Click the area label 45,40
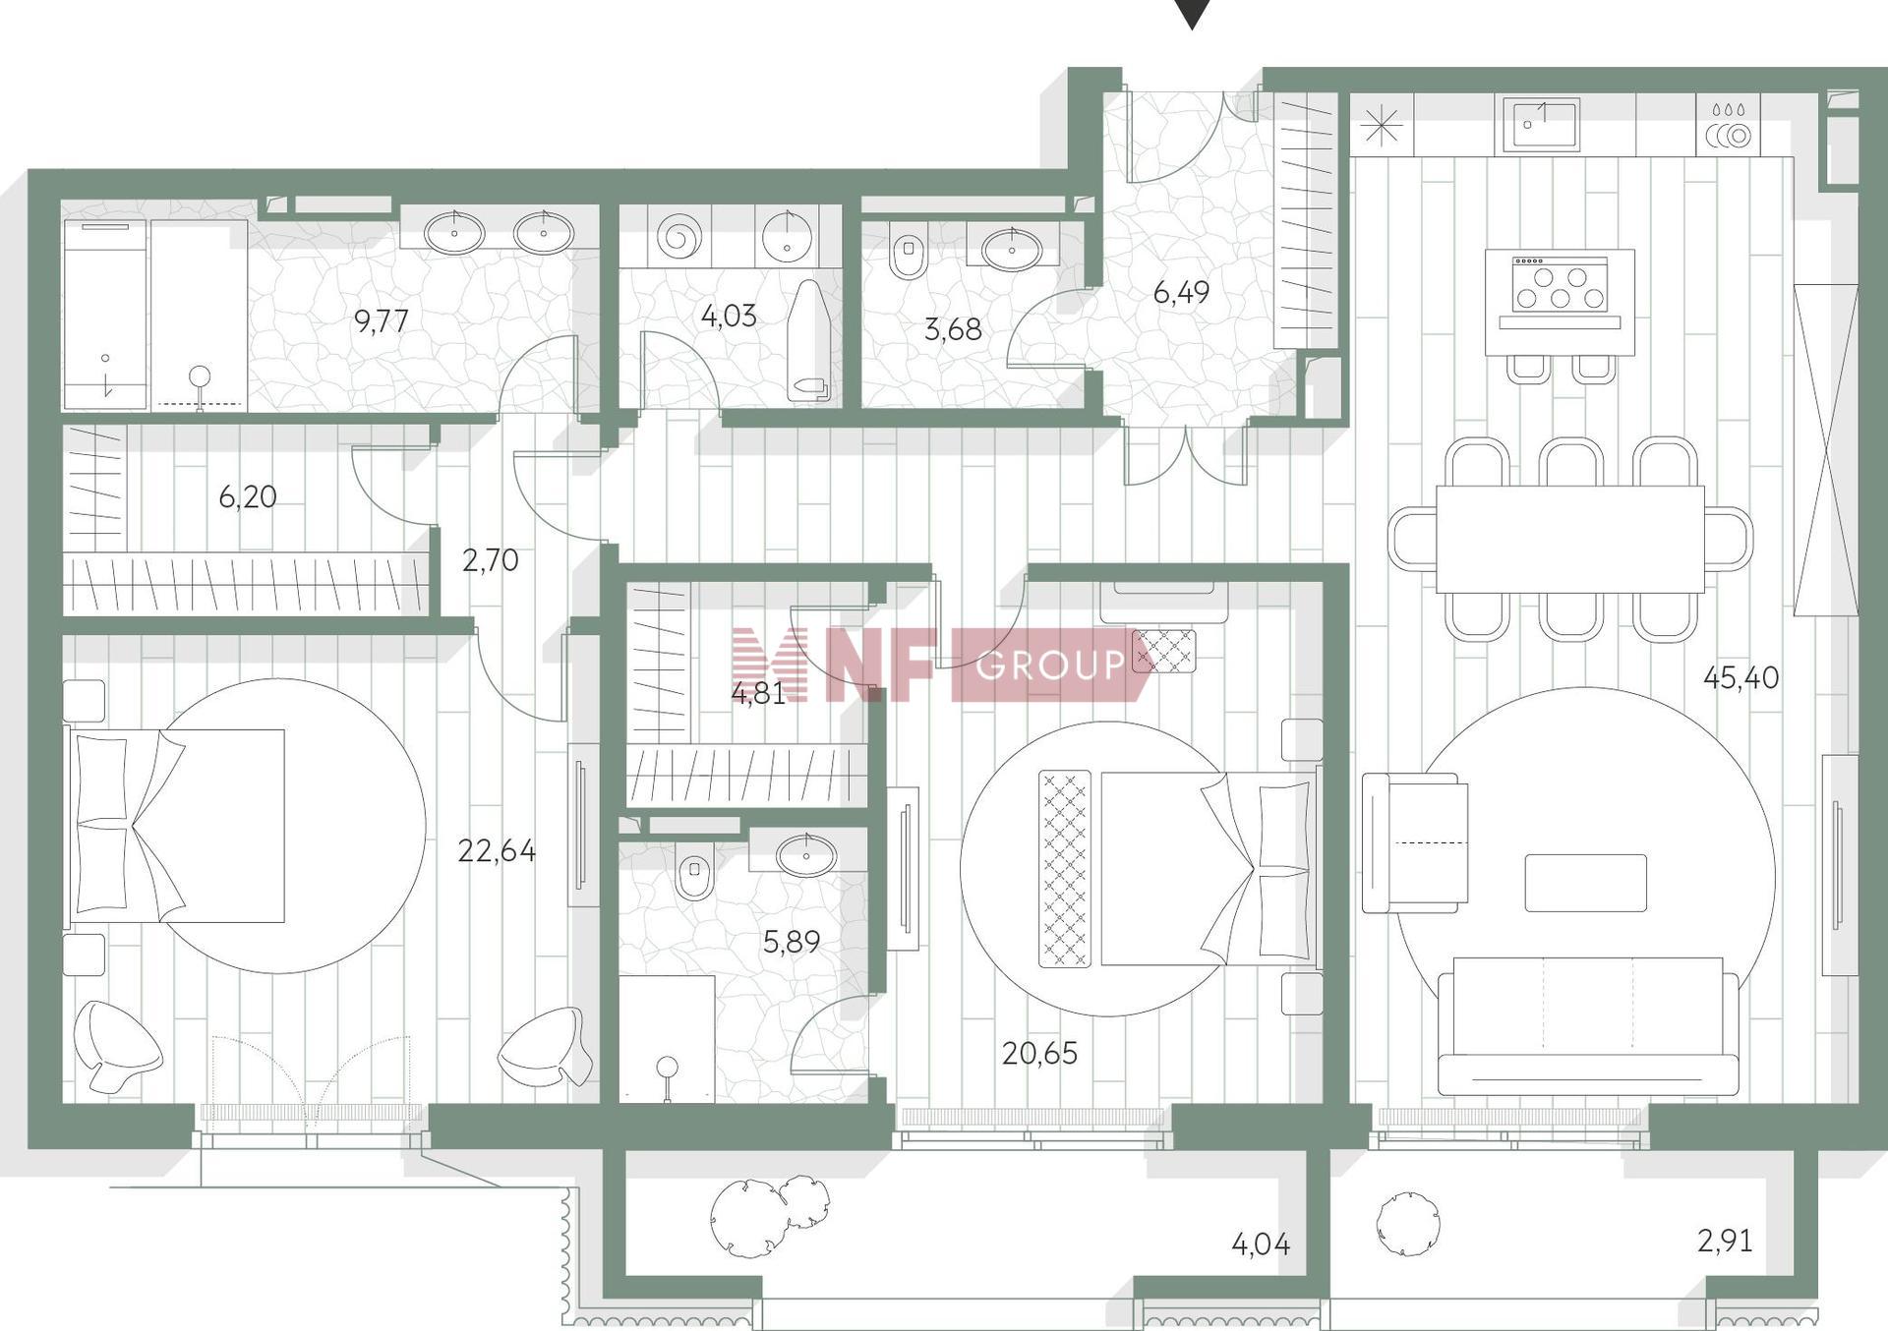(x=1740, y=678)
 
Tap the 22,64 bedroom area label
(x=497, y=850)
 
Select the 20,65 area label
(x=1039, y=1054)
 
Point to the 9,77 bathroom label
(x=381, y=321)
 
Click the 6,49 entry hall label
(x=1181, y=293)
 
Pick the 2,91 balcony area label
(x=1725, y=1241)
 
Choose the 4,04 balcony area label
(x=1261, y=1244)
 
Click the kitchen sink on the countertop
(x=1537, y=124)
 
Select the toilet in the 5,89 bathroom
(x=695, y=873)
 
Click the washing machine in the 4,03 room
(x=681, y=237)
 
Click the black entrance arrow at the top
(x=1192, y=13)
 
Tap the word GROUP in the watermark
(x=1050, y=665)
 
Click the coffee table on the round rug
(x=1585, y=882)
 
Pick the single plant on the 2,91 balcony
(x=1408, y=1225)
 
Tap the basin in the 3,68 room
(x=1012, y=250)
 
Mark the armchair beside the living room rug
(x=1414, y=841)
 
